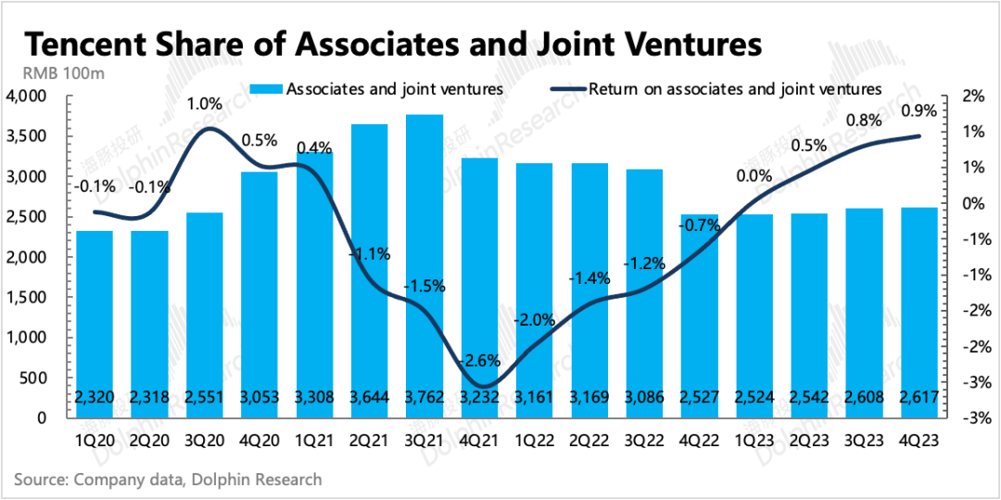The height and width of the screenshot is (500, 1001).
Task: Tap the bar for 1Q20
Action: pyautogui.click(x=94, y=324)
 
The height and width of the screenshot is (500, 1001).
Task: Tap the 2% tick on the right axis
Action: pyautogui.click(x=973, y=96)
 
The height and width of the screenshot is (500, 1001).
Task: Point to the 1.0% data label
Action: pyautogui.click(x=207, y=103)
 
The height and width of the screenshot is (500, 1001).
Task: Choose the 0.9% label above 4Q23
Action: pyautogui.click(x=918, y=110)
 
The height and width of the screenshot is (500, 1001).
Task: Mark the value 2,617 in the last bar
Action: pyautogui.click(x=918, y=398)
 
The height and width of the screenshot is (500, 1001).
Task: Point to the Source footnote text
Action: pyautogui.click(x=168, y=479)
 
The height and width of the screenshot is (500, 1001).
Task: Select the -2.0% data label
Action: pyautogui.click(x=533, y=320)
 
